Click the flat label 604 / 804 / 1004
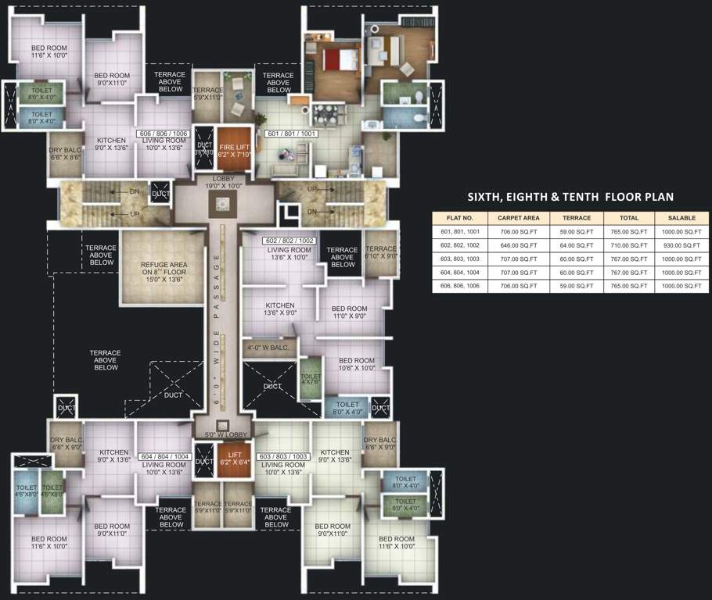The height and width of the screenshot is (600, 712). [165, 456]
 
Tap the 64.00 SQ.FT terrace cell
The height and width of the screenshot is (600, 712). [576, 245]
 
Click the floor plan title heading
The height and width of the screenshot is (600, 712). [570, 197]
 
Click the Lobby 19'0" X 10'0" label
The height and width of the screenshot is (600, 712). [224, 183]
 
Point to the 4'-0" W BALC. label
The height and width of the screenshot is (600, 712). [268, 348]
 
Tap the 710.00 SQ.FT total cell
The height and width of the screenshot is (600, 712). [628, 245]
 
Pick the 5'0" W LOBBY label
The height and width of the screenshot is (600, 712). [225, 435]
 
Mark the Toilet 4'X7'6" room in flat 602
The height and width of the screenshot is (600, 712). [311, 379]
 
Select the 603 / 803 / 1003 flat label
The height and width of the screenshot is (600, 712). [282, 456]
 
